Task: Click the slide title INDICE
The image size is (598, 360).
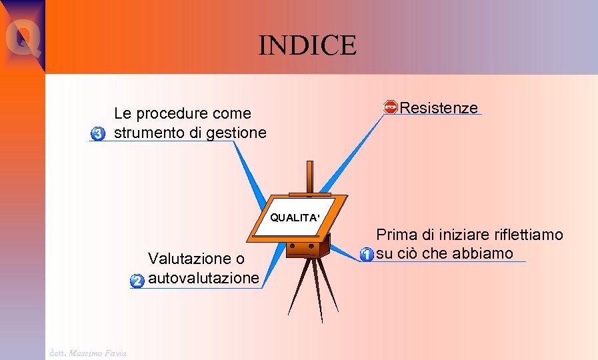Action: tap(308, 45)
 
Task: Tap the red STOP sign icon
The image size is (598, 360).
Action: tap(391, 107)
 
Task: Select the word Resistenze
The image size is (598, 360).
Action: tap(439, 108)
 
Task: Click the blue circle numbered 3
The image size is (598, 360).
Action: tap(98, 134)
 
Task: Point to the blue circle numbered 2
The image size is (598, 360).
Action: tap(137, 281)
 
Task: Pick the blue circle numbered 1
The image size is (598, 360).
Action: tap(366, 255)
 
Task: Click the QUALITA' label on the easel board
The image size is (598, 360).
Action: tap(295, 217)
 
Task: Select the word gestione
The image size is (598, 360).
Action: tap(237, 133)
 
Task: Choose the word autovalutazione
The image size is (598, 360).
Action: tap(203, 277)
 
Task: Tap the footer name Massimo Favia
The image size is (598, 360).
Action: tap(99, 352)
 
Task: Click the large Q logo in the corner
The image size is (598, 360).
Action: tap(22, 37)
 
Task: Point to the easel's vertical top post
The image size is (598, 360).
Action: tap(308, 178)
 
